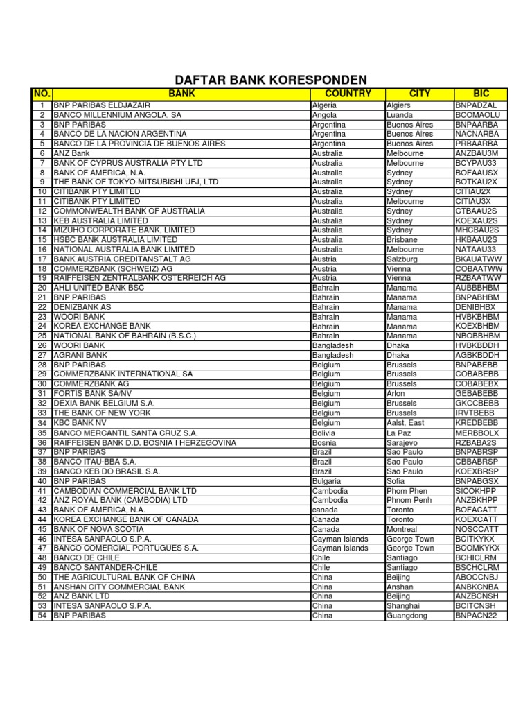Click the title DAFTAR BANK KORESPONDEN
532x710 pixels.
click(270, 80)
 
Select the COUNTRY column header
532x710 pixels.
click(348, 93)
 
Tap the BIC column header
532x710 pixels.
click(481, 93)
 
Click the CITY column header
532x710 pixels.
click(420, 93)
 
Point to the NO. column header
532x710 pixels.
click(42, 93)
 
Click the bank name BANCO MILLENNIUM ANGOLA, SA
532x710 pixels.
click(117, 115)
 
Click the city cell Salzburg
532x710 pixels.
click(403, 259)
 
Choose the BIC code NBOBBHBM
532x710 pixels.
click(478, 336)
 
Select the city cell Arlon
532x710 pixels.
click(397, 393)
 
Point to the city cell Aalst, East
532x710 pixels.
click(406, 422)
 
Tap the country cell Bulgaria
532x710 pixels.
click(326, 480)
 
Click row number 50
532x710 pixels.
click(42, 577)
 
